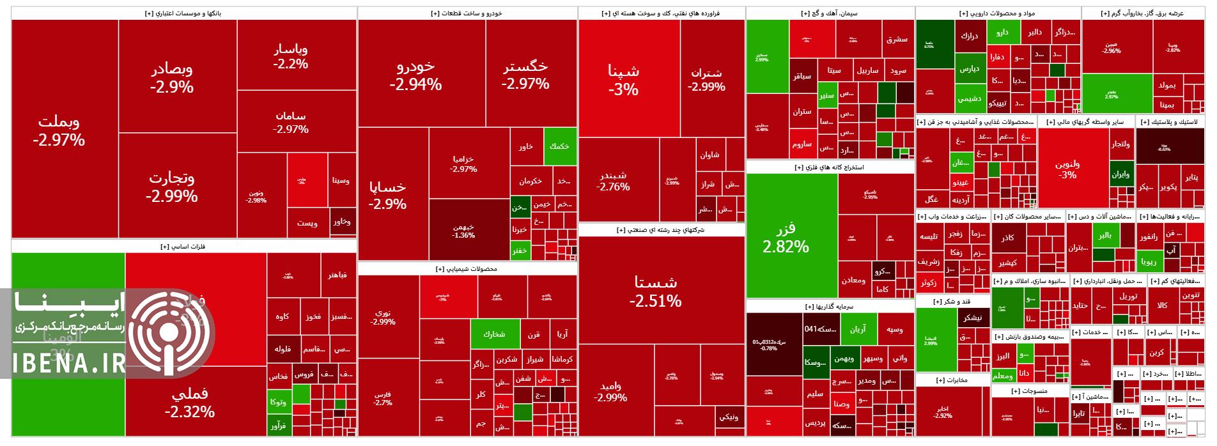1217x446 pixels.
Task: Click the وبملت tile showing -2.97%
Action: pos(59,130)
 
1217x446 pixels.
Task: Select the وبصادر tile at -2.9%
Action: pos(172,77)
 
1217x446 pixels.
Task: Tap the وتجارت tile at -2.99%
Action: pos(171,186)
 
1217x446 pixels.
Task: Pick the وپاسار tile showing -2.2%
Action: pos(291,56)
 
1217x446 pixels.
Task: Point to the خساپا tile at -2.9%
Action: pos(387,194)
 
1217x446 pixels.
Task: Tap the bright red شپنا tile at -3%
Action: pos(623,80)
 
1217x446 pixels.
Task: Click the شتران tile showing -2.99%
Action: pos(706,80)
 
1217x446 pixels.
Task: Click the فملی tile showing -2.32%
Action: pos(190,403)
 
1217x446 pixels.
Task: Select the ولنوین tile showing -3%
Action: pos(1068,169)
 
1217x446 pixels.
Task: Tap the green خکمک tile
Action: pos(559,146)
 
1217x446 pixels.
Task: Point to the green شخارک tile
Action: pos(494,334)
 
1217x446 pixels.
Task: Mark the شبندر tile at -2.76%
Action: pos(613,181)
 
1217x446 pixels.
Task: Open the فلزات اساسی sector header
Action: pos(184,246)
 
